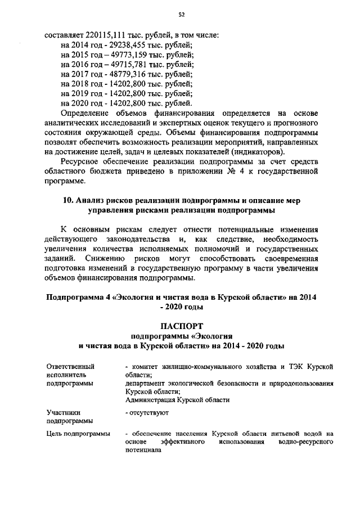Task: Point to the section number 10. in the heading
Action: tap(65, 201)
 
